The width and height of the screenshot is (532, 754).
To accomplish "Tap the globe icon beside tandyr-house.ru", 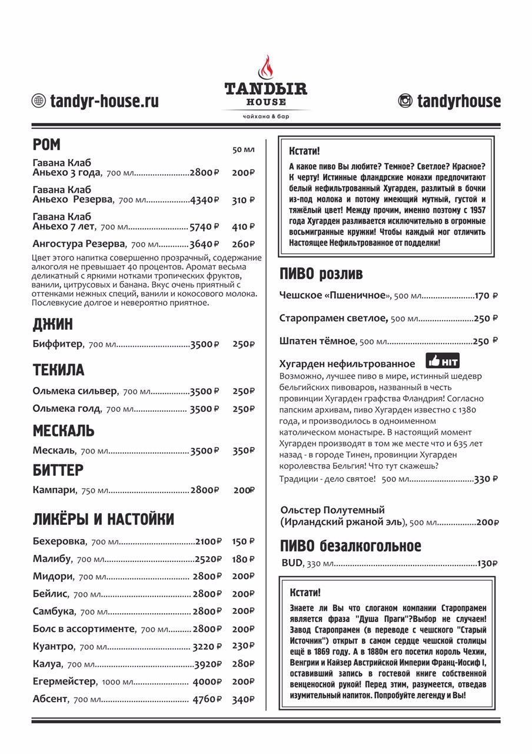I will [x=38, y=101].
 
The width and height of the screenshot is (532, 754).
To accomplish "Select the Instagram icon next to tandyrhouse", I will [x=405, y=101].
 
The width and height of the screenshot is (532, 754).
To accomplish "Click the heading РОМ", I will [x=47, y=145].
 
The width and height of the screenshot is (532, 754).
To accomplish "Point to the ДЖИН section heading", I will [x=53, y=324].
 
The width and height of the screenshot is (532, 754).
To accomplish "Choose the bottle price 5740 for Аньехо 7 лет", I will [x=204, y=226].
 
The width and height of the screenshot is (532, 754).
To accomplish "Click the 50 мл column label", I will [x=243, y=150].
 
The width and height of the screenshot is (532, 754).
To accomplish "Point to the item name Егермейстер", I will [x=64, y=682].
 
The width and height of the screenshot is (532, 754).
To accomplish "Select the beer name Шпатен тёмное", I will [x=317, y=341].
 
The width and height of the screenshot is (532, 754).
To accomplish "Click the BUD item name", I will [x=291, y=563].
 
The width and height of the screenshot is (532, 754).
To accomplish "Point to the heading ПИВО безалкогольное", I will [x=351, y=545].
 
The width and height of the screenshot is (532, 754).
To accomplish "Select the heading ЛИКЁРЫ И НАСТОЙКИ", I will [x=104, y=520].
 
